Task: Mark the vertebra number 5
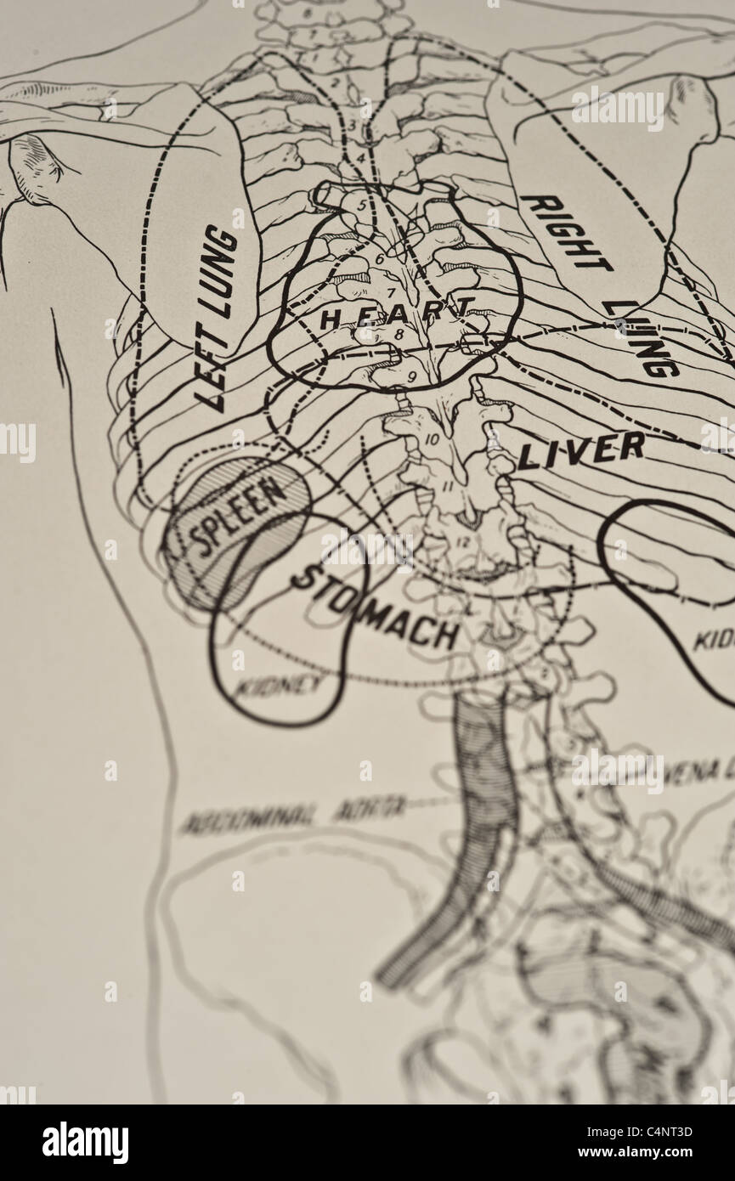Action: [x=362, y=205]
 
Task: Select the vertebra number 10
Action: [x=431, y=439]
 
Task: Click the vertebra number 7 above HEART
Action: [x=392, y=293]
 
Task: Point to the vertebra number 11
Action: [x=446, y=485]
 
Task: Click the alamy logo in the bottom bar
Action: [x=85, y=1143]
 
